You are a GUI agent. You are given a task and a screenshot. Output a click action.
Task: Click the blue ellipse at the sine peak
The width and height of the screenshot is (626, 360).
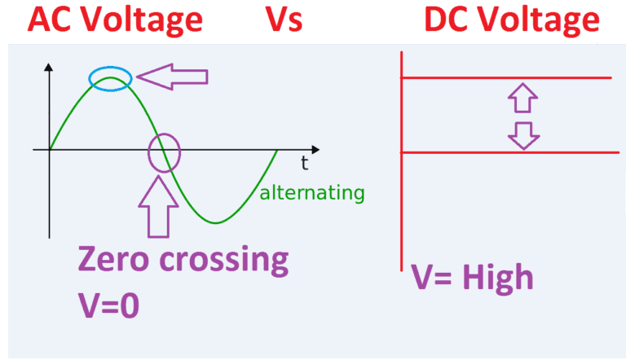tap(110, 79)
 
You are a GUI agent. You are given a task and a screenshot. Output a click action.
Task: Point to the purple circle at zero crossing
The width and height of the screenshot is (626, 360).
tap(164, 152)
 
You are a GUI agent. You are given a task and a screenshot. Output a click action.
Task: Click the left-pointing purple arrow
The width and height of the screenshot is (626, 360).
tap(172, 77)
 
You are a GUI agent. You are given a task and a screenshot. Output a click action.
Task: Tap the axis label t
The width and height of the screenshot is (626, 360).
tap(304, 163)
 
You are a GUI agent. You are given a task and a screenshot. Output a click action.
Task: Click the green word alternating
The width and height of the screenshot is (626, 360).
tap(311, 193)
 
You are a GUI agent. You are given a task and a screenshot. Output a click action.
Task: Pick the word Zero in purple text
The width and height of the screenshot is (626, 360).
tap(115, 260)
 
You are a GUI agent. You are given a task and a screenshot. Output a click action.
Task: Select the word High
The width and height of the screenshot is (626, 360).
tap(496, 279)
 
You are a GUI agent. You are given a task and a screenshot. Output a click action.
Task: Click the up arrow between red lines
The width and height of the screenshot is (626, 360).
tap(522, 99)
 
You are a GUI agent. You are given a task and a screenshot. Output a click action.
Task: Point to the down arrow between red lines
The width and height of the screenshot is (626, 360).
tap(522, 134)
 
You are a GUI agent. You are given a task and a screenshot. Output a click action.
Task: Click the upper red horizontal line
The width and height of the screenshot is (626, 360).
tap(505, 78)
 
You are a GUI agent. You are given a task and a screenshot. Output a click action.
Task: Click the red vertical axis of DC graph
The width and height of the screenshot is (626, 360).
tap(402, 204)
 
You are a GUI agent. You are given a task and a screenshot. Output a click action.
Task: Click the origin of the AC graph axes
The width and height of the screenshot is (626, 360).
tap(50, 151)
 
